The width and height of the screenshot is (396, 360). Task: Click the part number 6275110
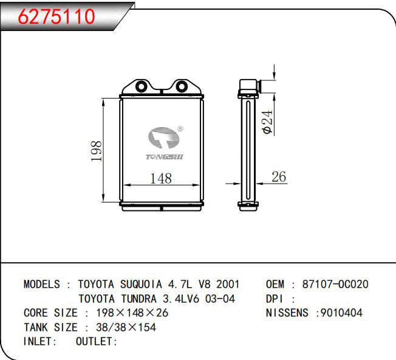58,17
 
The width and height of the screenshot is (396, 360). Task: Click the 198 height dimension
95,151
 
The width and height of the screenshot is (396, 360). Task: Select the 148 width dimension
160,178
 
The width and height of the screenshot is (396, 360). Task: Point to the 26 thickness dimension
278,177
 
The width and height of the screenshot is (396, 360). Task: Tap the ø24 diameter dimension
267,121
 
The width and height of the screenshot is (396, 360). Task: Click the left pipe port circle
142,87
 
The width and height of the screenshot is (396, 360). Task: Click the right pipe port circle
181,87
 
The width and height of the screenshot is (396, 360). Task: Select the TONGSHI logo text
165,157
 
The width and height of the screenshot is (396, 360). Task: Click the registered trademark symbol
180,129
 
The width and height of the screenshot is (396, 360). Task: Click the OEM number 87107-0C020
335,284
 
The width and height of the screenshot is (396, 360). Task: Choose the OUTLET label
96,342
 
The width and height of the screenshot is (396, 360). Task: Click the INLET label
39,342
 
